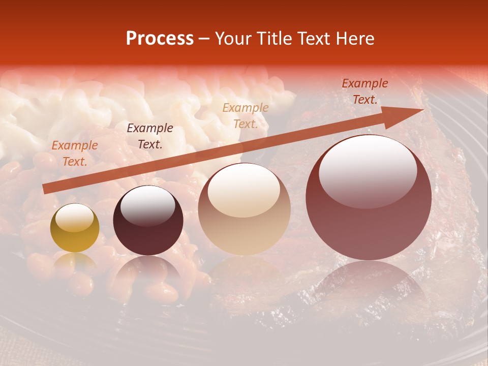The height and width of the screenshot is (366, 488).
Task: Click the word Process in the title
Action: tap(160, 39)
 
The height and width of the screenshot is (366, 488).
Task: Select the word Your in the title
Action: tap(232, 39)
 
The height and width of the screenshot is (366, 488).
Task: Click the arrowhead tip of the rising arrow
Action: tap(422, 110)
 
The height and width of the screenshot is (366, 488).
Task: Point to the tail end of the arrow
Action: tap(45, 189)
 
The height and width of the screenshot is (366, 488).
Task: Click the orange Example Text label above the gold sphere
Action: tap(75, 153)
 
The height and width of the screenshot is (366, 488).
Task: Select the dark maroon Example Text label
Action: tap(150, 136)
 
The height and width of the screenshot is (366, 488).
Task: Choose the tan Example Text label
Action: tap(246, 115)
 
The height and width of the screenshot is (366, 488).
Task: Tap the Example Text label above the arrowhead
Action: tap(365, 91)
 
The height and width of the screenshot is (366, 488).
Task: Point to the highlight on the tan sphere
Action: tap(244, 190)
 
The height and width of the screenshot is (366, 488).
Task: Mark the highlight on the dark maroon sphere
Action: tap(148, 205)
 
